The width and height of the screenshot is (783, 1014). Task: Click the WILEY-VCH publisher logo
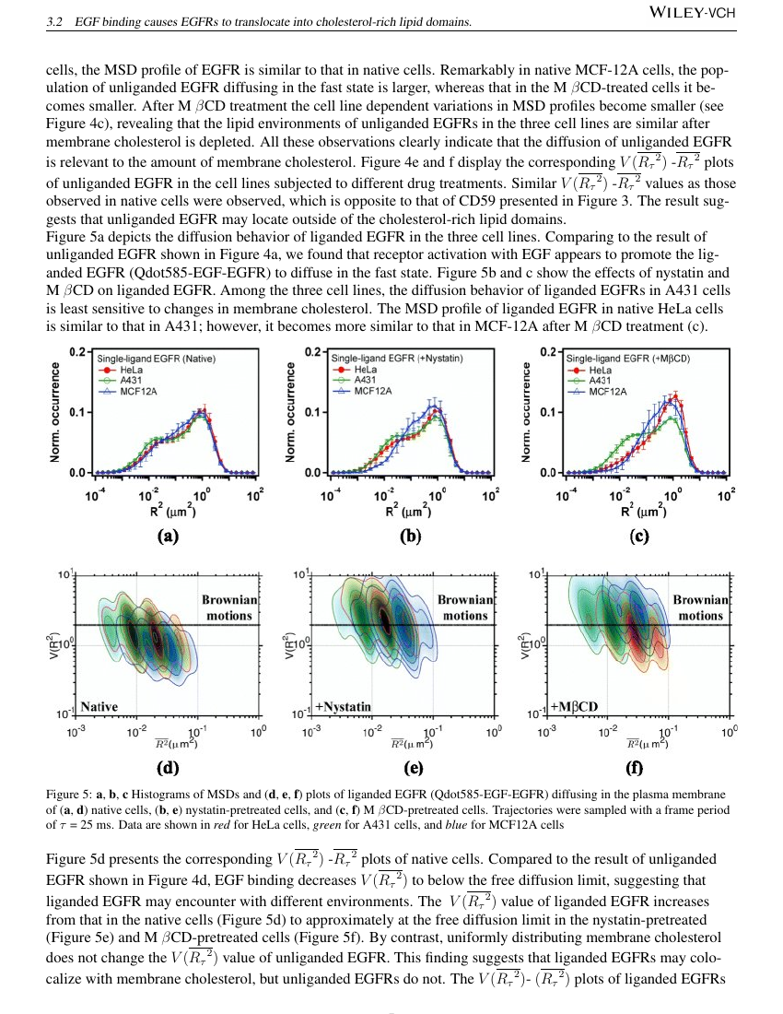tap(692, 12)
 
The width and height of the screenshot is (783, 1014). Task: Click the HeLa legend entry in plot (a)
tap(131, 370)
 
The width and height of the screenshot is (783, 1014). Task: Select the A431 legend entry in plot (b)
tap(365, 380)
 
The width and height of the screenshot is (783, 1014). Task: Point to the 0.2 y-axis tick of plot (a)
tap(76, 352)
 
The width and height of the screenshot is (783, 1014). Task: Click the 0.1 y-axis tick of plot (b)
tap(312, 412)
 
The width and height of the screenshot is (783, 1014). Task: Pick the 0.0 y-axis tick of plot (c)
tap(548, 473)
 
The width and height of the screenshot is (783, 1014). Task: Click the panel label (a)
tap(168, 536)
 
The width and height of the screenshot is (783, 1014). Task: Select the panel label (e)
tap(414, 768)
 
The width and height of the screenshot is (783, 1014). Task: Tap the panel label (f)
tap(635, 768)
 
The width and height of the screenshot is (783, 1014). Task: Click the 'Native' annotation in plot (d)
tap(99, 707)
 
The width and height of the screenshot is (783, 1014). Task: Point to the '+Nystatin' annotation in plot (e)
tap(343, 707)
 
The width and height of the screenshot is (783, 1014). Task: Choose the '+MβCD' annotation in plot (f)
tap(574, 706)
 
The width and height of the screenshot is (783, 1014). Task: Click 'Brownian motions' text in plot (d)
tap(229, 607)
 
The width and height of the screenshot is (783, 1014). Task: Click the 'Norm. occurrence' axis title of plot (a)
tap(55, 412)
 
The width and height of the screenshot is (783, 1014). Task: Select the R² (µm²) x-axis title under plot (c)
tap(644, 511)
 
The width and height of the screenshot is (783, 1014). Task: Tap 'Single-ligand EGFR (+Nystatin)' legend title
tap(397, 358)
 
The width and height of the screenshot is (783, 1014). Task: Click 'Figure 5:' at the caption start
tap(69, 794)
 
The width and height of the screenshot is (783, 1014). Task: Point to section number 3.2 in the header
tap(54, 22)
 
